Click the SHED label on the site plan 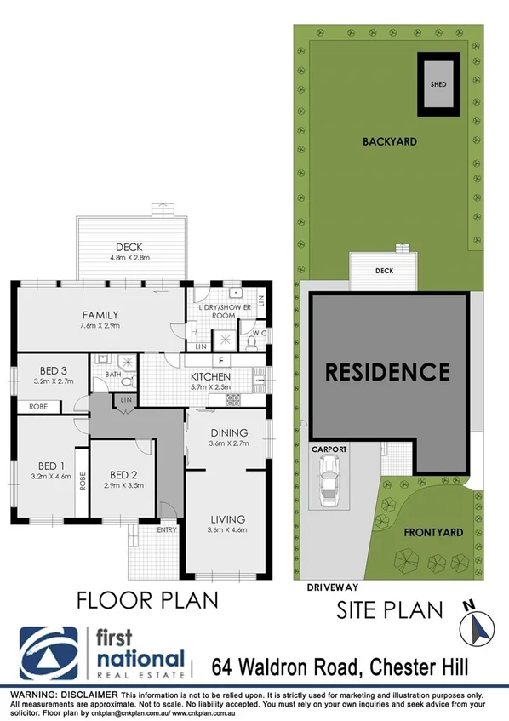[438, 85]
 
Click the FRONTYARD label [434, 533]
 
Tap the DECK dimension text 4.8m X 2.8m [129, 257]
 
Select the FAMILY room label [100, 314]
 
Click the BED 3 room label [53, 369]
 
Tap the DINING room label [229, 432]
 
